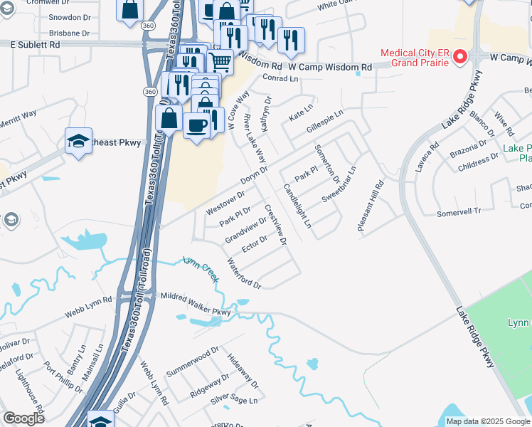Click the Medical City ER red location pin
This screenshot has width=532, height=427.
(x=460, y=56)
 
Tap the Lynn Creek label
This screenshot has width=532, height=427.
(x=201, y=269)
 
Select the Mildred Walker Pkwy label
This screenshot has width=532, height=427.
(x=196, y=299)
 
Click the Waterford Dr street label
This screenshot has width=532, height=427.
(x=244, y=273)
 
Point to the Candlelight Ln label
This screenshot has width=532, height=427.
(x=297, y=206)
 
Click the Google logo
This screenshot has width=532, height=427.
(x=23, y=418)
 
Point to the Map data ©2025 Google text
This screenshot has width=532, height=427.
(x=487, y=421)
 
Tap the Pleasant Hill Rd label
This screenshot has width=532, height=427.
(x=371, y=205)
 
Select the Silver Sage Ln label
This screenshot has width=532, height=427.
(x=233, y=401)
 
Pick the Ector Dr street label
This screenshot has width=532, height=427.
(x=254, y=243)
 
